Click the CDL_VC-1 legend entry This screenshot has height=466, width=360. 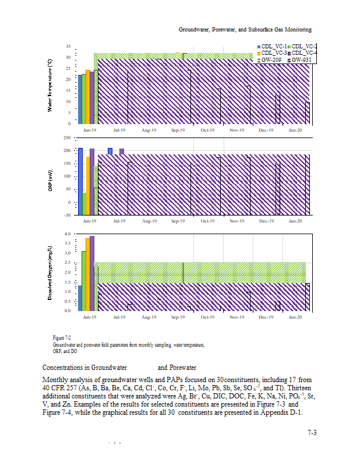click(273, 46)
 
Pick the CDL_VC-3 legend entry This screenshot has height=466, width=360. click(273, 53)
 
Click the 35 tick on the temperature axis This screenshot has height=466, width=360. click(68, 46)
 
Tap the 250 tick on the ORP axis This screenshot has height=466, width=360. click(67, 138)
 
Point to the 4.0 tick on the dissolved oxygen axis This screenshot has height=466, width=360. click(67, 234)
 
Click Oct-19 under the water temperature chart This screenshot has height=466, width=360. click(207, 130)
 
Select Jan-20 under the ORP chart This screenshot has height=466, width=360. click(296, 221)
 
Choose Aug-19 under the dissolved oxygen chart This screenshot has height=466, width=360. click(149, 317)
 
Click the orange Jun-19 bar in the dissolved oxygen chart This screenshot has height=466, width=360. click(88, 274)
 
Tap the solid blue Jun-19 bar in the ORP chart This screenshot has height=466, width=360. click(80, 181)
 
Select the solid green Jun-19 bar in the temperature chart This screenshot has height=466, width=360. click(84, 98)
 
